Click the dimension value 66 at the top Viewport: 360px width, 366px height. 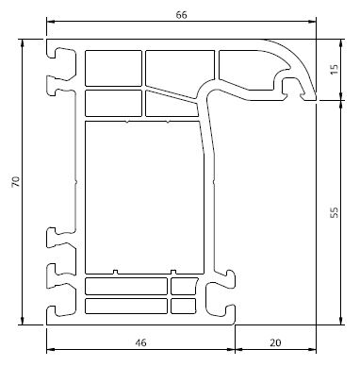[181, 15]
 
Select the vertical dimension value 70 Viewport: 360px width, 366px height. [16, 182]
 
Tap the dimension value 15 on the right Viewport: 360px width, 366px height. [335, 69]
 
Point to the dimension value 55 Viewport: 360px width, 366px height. [335, 212]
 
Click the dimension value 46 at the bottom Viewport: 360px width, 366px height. [140, 342]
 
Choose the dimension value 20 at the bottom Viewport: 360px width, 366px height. [275, 342]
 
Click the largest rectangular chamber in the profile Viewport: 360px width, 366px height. [144, 197]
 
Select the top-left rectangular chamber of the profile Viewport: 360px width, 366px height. [113, 68]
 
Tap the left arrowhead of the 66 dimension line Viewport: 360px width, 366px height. [51, 22]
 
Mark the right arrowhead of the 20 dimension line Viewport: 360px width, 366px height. [312, 349]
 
